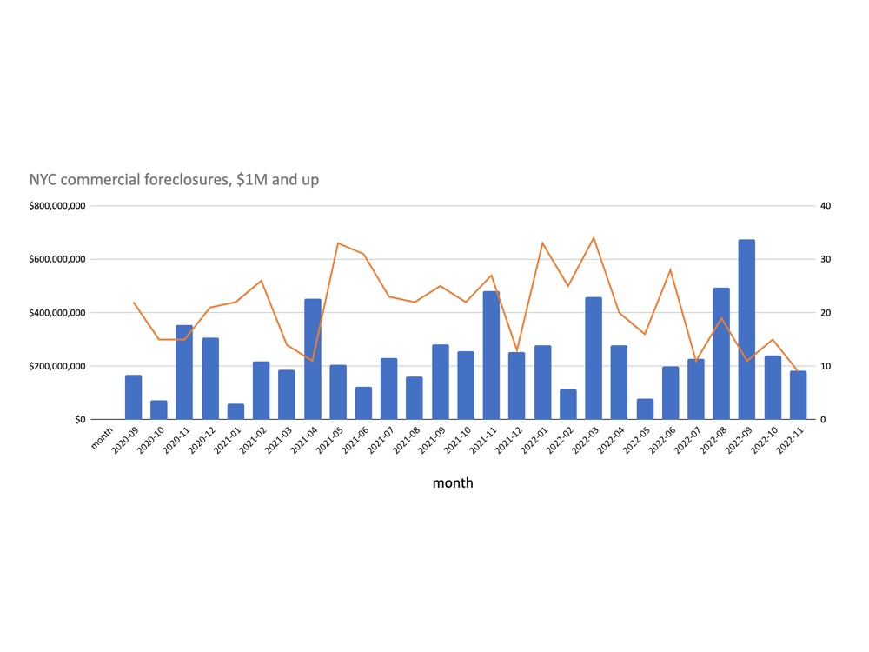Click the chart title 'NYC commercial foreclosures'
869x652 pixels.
(x=174, y=180)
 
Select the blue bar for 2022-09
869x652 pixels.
(x=746, y=329)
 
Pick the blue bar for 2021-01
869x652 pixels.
(x=235, y=411)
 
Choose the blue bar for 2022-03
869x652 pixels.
(x=594, y=358)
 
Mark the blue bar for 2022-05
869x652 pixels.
(x=645, y=409)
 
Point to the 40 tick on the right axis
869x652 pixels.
(x=826, y=206)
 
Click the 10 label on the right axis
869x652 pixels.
(x=826, y=366)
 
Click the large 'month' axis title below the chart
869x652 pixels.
(x=453, y=482)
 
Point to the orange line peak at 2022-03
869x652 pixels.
(x=594, y=237)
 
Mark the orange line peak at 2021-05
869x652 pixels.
(x=338, y=243)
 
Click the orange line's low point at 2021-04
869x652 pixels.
(x=313, y=360)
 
